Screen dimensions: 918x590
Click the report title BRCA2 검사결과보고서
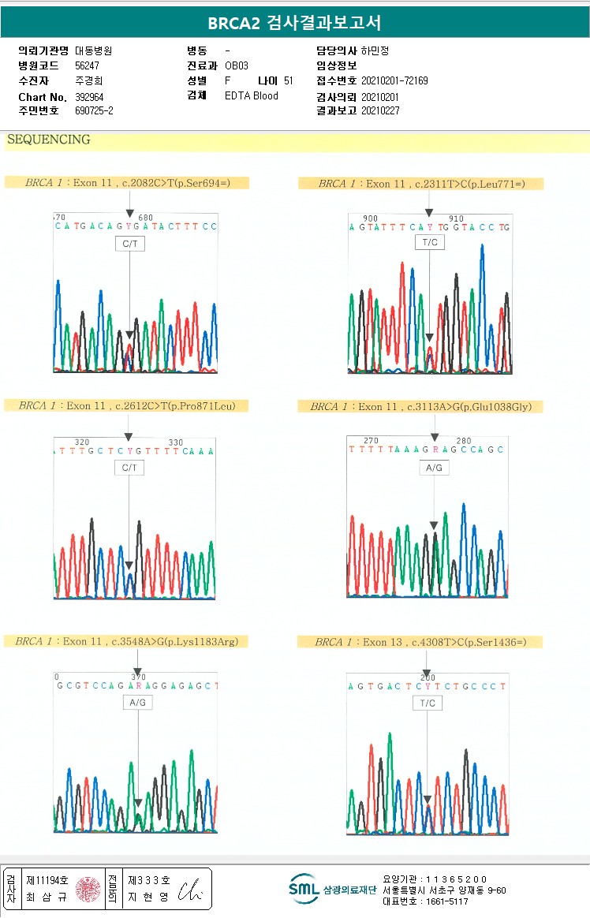click(x=294, y=24)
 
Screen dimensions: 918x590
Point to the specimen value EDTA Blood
click(x=252, y=96)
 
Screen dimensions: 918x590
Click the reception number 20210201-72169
click(x=394, y=80)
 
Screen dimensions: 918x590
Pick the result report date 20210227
click(x=380, y=111)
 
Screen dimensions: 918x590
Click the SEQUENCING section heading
click(x=48, y=140)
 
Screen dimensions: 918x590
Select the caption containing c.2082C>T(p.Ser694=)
click(x=127, y=183)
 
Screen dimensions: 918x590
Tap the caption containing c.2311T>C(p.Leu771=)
click(x=421, y=184)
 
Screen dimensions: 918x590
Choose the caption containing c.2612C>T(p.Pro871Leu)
click(x=127, y=406)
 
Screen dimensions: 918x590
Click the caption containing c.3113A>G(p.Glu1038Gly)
click(x=420, y=407)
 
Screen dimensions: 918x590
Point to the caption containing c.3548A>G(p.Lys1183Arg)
click(x=127, y=641)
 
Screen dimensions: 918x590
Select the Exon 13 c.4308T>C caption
click(x=420, y=642)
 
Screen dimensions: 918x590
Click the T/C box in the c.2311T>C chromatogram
click(x=430, y=242)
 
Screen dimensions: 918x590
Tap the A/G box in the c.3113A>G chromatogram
click(x=434, y=468)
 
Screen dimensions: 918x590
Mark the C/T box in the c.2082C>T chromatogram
click(x=129, y=244)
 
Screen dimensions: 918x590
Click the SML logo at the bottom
click(x=304, y=889)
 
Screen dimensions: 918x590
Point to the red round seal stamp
click(x=88, y=890)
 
